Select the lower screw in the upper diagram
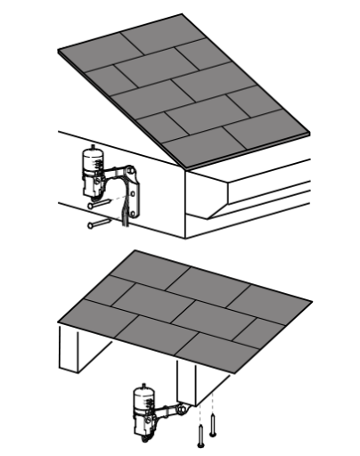click(98, 224)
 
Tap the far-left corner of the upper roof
click(59, 52)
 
